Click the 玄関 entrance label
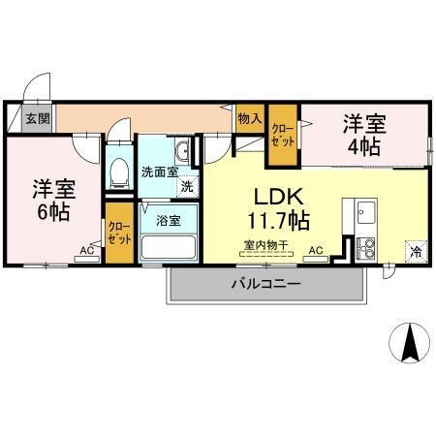click(39, 118)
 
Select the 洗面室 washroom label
click(158, 171)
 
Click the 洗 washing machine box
click(186, 184)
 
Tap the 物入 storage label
click(249, 117)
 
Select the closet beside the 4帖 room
click(282, 135)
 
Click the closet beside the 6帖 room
click(119, 232)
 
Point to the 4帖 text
click(364, 147)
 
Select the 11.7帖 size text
click(277, 220)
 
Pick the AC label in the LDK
click(316, 251)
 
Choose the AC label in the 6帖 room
click(86, 251)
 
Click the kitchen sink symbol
click(366, 212)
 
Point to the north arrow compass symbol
click(409, 341)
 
